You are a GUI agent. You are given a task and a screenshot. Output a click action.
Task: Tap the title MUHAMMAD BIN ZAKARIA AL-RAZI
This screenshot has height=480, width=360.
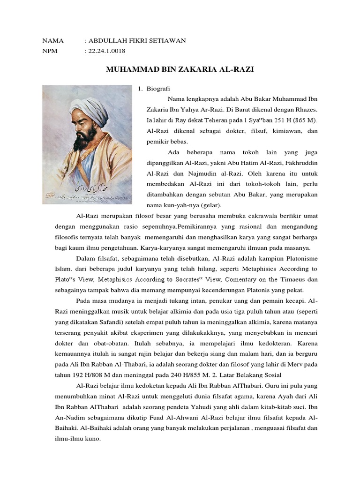(x=180, y=69)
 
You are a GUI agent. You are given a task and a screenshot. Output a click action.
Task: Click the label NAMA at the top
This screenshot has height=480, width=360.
(x=52, y=41)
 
